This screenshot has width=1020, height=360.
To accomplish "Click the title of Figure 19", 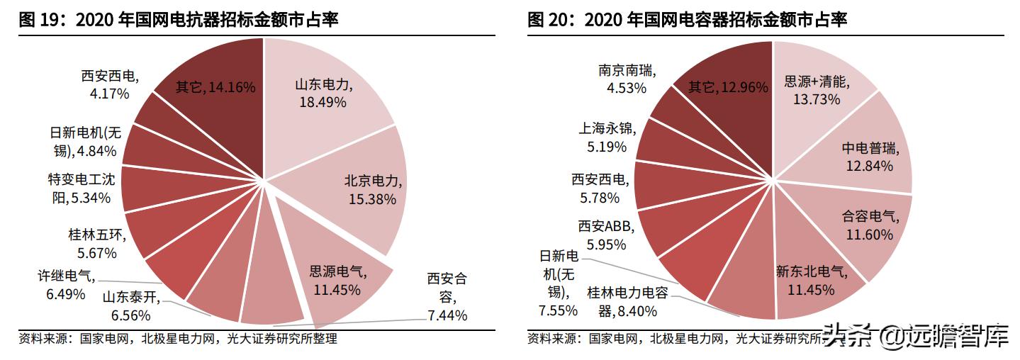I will [179, 20].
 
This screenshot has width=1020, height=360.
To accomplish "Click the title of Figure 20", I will [687, 20].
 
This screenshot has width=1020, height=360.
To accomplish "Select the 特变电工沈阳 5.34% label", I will [79, 189].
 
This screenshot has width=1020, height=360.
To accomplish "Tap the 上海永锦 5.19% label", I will [607, 137].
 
